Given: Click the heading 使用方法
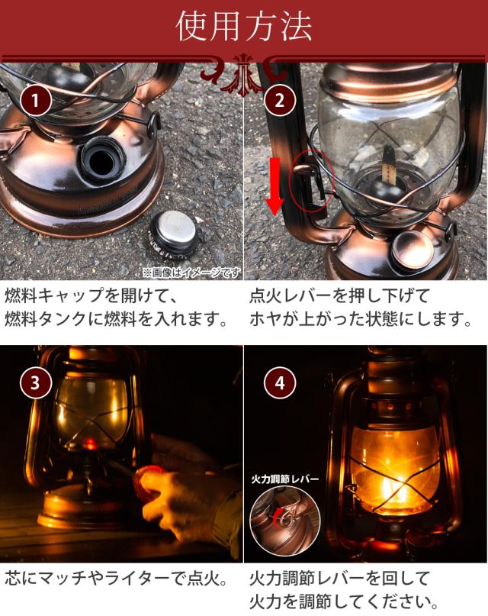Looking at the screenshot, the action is [243, 27].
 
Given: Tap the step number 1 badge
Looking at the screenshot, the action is [35, 101].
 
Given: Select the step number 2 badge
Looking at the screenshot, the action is [279, 101].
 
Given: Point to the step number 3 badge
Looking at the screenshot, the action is [35, 382].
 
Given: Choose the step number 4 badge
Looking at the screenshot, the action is [279, 382].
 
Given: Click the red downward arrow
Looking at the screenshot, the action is [276, 185].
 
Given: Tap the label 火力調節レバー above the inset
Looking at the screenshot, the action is [285, 479].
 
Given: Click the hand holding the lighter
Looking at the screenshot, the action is [185, 499].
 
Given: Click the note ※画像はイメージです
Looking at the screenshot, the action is [192, 273].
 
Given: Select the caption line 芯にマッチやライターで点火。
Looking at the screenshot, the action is [117, 578].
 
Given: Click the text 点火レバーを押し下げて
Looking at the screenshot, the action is [340, 295].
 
